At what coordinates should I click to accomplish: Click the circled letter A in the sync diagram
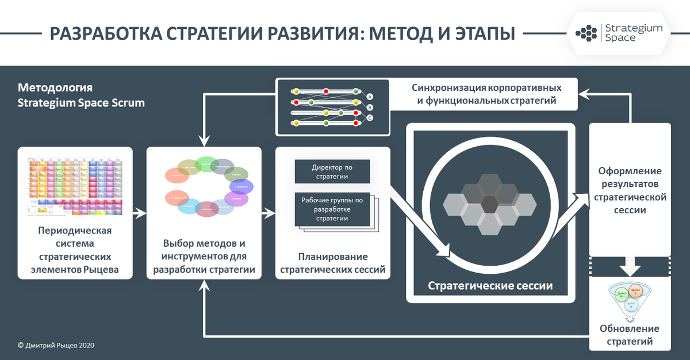coord(370,96)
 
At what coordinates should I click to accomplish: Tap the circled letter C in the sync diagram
coord(370,118)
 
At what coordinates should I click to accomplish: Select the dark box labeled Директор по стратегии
coord(332,171)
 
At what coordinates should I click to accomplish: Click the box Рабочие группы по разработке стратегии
coord(332,209)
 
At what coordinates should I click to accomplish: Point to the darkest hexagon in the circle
coord(489,204)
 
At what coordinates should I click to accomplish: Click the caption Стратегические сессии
coord(490,285)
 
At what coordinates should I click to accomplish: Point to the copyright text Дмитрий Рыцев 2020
coord(56,345)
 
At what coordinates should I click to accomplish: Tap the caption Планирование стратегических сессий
coord(333,263)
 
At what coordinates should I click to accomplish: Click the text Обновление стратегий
coord(630,335)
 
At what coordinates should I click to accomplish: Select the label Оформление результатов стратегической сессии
coord(630,190)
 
